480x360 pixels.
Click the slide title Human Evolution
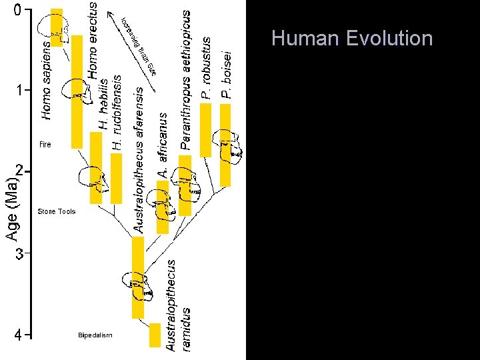[x=352, y=39]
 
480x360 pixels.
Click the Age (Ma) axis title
[x=12, y=208]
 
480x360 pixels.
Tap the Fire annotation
[x=45, y=144]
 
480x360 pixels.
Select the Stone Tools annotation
[x=57, y=211]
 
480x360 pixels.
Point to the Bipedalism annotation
[x=95, y=335]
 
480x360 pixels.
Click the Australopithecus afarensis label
[x=139, y=159]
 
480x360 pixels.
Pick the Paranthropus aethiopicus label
[x=186, y=79]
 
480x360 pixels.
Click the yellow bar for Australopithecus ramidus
[x=155, y=335]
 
